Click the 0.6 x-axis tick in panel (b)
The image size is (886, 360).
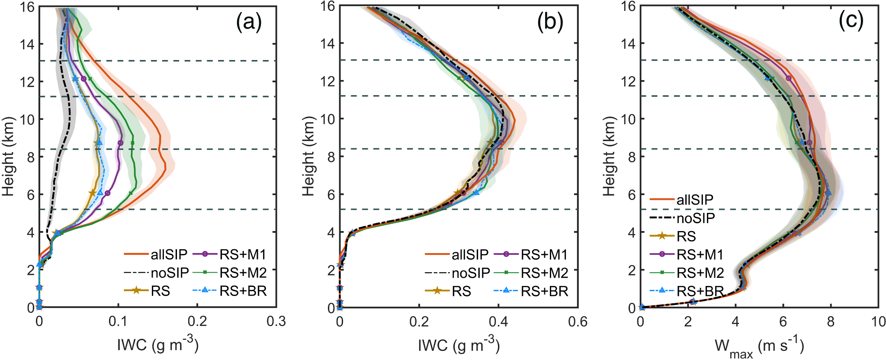point(578,321)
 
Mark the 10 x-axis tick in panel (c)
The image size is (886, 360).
point(878,321)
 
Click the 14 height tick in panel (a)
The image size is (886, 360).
point(27,44)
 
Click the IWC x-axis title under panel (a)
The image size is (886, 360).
point(158,345)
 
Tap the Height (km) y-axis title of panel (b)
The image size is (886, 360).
point(308,156)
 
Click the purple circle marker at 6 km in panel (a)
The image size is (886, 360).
point(107,193)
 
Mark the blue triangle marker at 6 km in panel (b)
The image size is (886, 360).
point(476,193)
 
